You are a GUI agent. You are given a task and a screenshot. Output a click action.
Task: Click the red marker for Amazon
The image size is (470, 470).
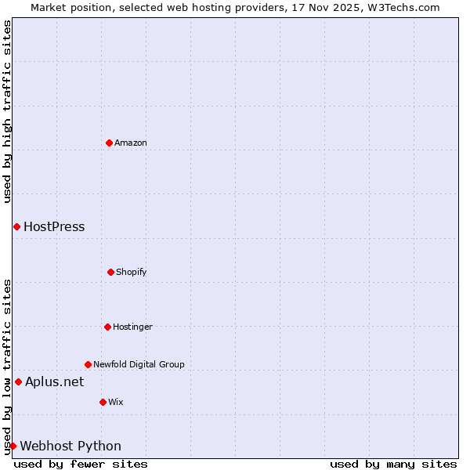click(x=109, y=143)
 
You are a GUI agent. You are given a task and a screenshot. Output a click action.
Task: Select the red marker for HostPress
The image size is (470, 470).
click(x=16, y=226)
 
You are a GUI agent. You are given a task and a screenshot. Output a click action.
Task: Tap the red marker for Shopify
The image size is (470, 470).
click(x=110, y=272)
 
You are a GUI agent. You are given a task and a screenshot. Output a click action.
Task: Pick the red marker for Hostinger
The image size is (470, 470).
click(x=107, y=327)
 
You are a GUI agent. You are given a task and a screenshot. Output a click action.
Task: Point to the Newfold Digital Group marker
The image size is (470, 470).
click(x=88, y=364)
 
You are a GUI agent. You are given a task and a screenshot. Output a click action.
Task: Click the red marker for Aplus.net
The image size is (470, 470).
click(x=18, y=381)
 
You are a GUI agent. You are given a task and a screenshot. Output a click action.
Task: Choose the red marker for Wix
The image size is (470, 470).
click(x=103, y=402)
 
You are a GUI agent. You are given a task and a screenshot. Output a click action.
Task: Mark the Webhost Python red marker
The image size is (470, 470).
click(x=13, y=446)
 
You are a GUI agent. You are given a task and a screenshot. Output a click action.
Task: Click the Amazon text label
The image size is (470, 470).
click(x=131, y=143)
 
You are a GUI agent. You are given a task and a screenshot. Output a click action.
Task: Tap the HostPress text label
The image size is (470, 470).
click(x=54, y=227)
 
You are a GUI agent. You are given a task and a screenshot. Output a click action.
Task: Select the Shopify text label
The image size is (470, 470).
click(x=132, y=272)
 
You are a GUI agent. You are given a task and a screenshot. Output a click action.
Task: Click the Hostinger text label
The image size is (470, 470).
click(x=132, y=327)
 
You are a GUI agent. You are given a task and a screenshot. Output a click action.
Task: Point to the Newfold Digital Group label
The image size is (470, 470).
click(x=139, y=364)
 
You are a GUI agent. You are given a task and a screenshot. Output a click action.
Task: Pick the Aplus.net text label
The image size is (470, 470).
click(x=54, y=382)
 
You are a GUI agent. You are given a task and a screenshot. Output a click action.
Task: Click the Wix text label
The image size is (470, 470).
click(x=116, y=402)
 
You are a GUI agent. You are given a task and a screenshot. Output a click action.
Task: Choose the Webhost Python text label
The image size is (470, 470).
click(x=70, y=446)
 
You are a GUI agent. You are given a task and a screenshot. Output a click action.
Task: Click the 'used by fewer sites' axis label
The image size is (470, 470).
click(x=81, y=464)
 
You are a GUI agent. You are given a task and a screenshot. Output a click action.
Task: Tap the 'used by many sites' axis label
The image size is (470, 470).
click(x=393, y=464)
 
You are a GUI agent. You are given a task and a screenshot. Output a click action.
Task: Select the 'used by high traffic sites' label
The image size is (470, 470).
click(x=7, y=111)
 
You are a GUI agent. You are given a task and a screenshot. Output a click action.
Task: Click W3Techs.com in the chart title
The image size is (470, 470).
click(x=403, y=7)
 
